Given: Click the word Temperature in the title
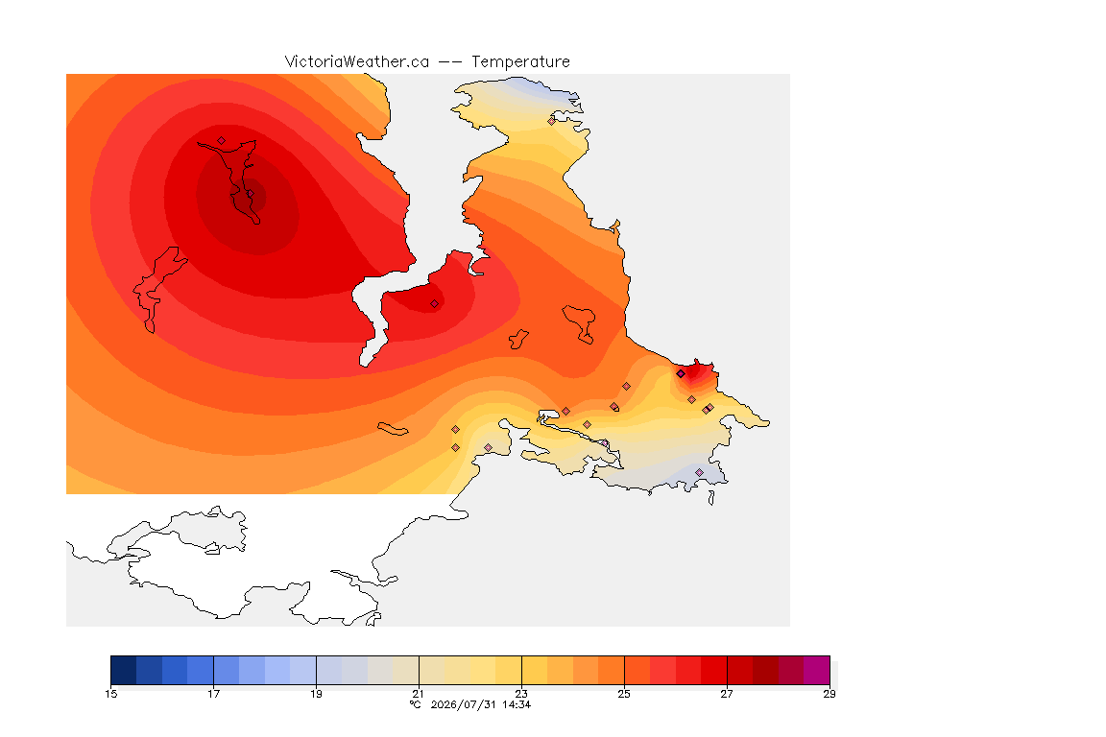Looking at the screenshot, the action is point(520,62).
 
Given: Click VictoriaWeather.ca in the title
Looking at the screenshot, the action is point(357,62).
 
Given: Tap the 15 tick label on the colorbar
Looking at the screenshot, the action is point(110,694).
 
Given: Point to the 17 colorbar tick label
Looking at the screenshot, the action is point(214,694).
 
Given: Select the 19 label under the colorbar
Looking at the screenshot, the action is point(316,694).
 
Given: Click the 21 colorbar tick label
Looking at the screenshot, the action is point(419,694).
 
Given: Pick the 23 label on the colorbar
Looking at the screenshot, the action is point(521,694).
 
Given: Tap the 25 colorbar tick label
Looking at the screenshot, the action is point(624,694).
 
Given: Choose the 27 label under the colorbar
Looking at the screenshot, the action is point(727,694).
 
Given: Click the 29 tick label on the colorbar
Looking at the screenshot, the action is point(829,694).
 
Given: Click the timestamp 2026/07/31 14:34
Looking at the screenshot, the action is point(481,704).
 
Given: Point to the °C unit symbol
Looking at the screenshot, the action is point(416,704).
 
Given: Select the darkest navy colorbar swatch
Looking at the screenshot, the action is point(124,670).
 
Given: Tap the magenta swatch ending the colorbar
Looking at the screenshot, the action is point(817,670).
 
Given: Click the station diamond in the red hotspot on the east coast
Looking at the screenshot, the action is point(681,374).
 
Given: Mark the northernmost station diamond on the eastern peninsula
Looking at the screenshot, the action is point(552,121).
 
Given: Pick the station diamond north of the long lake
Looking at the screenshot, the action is point(222,141).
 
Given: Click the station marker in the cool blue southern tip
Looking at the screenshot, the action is point(699,472).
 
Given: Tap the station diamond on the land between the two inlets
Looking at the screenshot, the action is point(435,304).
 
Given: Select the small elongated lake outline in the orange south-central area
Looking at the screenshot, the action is point(393,429).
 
